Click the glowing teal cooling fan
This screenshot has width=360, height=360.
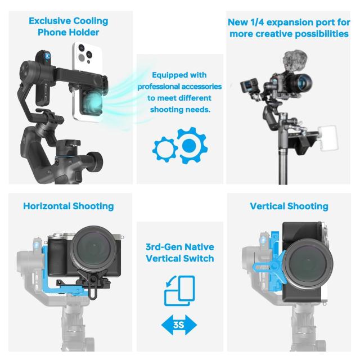pos(93,103)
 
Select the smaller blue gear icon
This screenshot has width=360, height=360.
pos(165,150)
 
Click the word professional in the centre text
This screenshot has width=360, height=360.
pos(158,87)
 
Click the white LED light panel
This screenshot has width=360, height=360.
pos(328,138)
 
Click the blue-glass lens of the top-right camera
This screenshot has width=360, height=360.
pos(303,83)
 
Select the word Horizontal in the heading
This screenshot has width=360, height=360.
pos(47,206)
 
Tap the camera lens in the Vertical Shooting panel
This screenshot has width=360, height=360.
pos(308,264)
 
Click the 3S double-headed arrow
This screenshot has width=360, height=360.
pos(179,325)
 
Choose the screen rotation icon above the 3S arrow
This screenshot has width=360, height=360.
pos(179,291)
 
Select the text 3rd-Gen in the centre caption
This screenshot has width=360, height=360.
pos(164,247)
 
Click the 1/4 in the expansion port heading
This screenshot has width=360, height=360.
pos(258,22)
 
